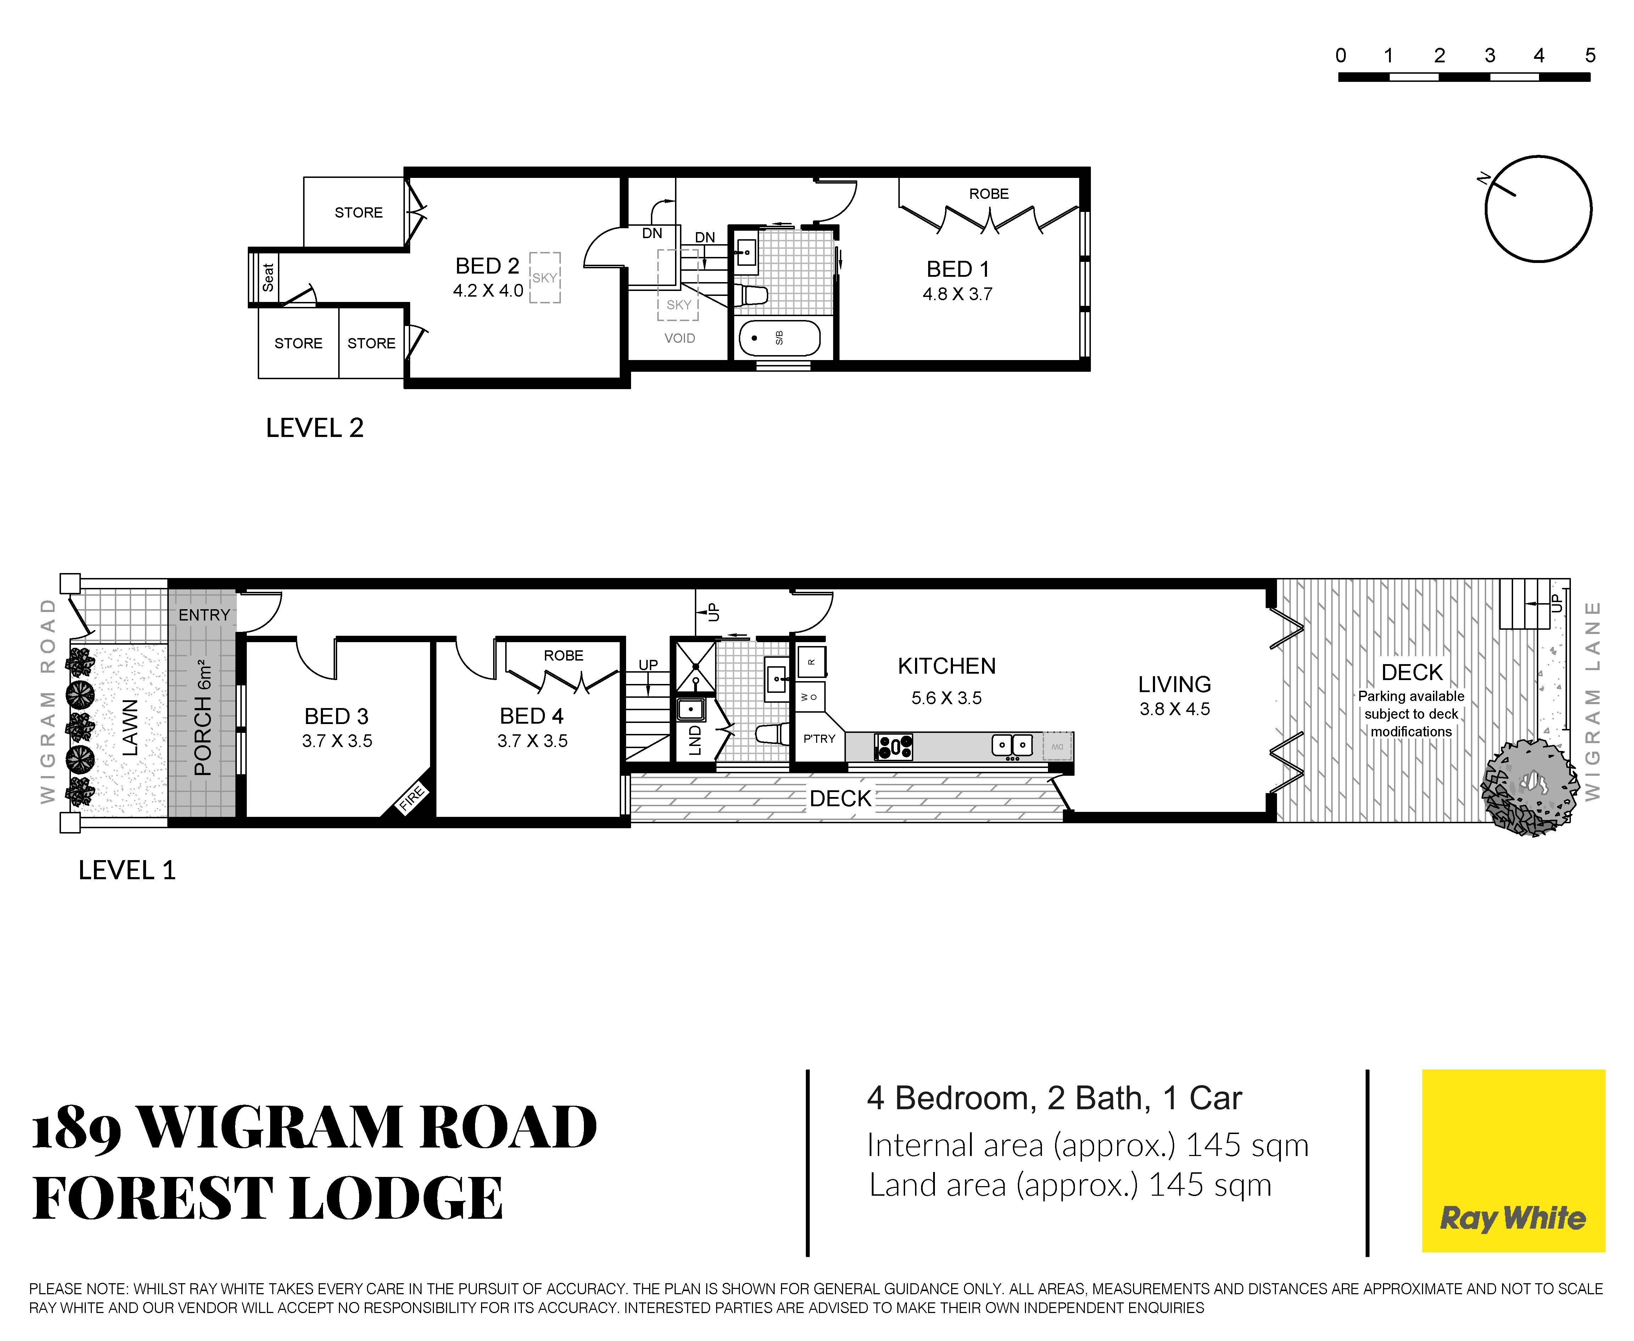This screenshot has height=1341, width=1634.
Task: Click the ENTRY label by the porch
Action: [x=204, y=615]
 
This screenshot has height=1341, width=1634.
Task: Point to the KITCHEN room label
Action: [x=947, y=666]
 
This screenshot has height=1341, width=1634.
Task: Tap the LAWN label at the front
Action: [x=130, y=728]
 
